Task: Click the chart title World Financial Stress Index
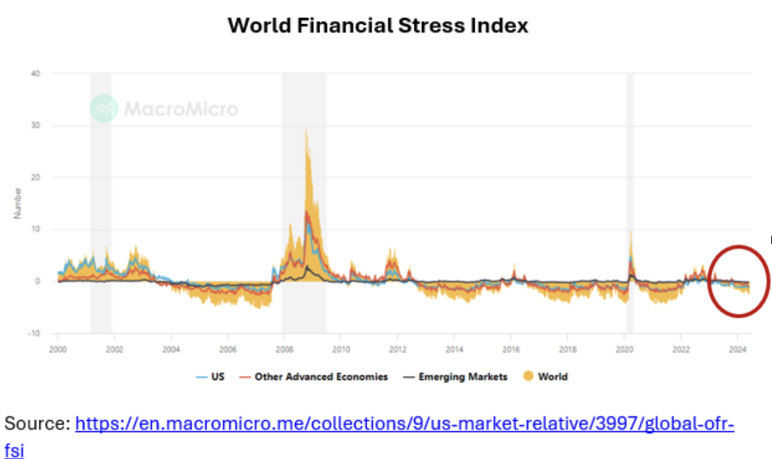[x=378, y=26]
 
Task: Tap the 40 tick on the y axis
[x=35, y=73]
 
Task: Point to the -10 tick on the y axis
[x=33, y=334]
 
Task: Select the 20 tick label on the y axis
[x=35, y=177]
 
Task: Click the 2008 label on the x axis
[x=284, y=349]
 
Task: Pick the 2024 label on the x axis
[x=737, y=349]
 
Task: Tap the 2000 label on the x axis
[x=58, y=349]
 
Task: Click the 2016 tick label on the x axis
[x=511, y=349]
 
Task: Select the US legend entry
[x=210, y=376]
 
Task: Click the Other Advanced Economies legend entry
[x=314, y=376]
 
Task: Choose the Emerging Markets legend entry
[x=455, y=376]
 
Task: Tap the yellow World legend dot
[x=528, y=376]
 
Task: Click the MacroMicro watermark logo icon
[x=104, y=108]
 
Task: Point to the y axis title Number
[x=18, y=203]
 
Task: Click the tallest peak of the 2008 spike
[x=306, y=130]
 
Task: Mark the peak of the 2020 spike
[x=631, y=232]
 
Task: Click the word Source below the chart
[x=37, y=423]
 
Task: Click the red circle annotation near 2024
[x=709, y=281]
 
